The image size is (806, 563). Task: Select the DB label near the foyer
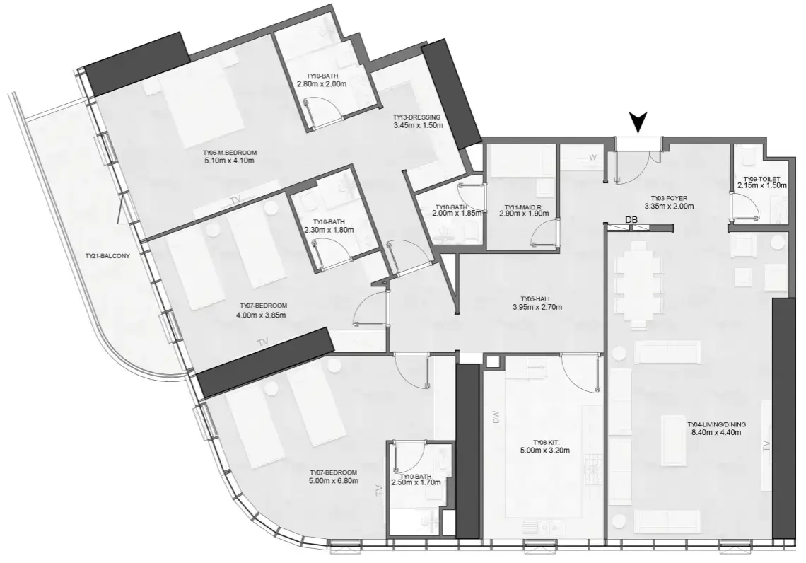pyautogui.click(x=631, y=221)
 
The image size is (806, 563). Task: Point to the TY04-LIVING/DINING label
pyautogui.click(x=717, y=425)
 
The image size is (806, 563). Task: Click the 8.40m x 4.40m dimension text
pyautogui.click(x=717, y=434)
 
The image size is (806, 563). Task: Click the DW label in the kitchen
pyautogui.click(x=495, y=419)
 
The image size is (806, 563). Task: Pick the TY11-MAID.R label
pyautogui.click(x=522, y=209)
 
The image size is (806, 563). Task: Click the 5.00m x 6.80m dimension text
pyautogui.click(x=334, y=482)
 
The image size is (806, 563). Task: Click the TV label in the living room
pyautogui.click(x=765, y=446)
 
